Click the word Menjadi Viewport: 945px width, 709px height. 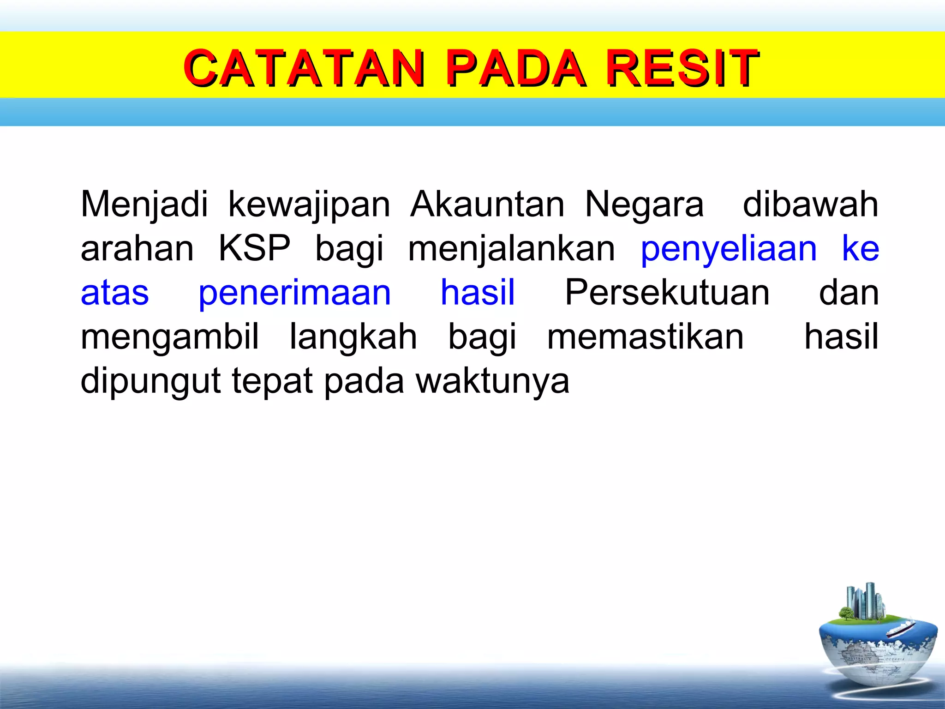pos(144,204)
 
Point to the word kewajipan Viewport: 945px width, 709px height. pos(309,204)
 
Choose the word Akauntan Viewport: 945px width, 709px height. pos(487,204)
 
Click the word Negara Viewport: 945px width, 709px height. pos(644,204)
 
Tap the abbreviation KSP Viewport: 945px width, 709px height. pos(254,248)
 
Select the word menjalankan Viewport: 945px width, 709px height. pos(511,248)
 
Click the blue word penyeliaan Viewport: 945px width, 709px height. pos(729,248)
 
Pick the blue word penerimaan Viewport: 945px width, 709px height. pos(294,293)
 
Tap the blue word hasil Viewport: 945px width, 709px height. pos(478,293)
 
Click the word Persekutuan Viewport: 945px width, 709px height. pos(667,293)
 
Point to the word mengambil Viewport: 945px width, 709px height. pos(169,337)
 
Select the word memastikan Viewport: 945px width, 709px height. pos(645,337)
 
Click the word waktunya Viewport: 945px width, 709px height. pos(492,381)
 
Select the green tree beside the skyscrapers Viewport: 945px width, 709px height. pos(846,613)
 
